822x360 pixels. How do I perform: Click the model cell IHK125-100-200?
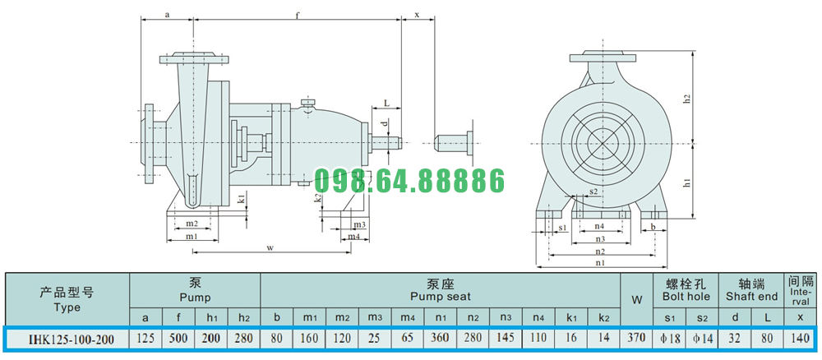tap(67, 338)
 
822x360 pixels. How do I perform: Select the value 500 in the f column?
tap(178, 338)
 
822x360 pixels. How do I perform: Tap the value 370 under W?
tap(636, 338)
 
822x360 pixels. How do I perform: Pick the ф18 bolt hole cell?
tap(669, 338)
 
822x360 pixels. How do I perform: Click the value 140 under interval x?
tap(800, 338)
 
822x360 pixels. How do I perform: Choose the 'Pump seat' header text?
tap(441, 297)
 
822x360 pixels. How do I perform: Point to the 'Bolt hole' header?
tap(686, 297)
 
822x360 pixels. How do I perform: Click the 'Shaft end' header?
tap(751, 297)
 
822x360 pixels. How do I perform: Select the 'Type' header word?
tap(67, 307)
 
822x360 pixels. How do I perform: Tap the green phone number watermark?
tap(409, 181)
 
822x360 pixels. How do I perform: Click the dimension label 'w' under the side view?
tap(270, 248)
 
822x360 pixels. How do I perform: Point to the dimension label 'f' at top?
tap(298, 15)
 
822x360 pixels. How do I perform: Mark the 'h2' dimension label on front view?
tap(687, 99)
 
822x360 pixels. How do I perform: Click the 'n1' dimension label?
tap(600, 263)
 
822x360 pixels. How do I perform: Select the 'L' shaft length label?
tap(386, 104)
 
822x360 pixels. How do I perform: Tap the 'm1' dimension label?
tap(192, 237)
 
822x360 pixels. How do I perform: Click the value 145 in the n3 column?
tap(506, 338)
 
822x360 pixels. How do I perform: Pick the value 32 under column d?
tap(735, 338)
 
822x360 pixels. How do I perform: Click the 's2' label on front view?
tap(593, 192)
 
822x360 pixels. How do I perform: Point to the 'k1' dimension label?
tap(241, 199)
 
